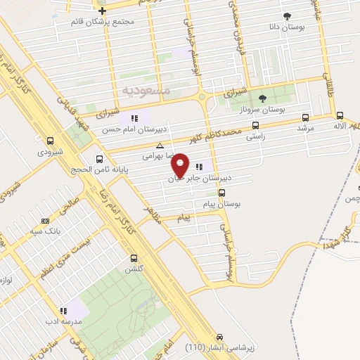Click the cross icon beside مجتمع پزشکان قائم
[x=103, y=11]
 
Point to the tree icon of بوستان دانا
[x=286, y=15]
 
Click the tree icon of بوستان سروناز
[x=262, y=98]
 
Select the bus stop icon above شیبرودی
[x=50, y=140]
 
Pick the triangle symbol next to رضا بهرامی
[x=160, y=146]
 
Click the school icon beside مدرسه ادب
[x=63, y=310]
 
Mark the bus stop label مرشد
[x=304, y=129]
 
